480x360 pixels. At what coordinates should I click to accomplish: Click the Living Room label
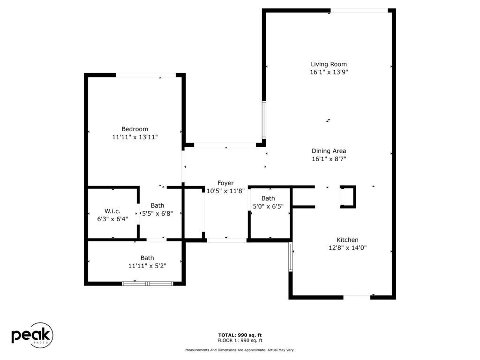[329, 64]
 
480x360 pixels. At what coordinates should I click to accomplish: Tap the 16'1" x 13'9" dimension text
[329, 72]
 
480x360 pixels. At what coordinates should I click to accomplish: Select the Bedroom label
[135, 129]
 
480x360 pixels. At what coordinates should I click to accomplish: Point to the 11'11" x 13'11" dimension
[135, 137]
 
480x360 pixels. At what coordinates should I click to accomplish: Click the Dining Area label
[329, 151]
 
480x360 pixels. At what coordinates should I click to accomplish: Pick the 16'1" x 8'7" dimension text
[329, 159]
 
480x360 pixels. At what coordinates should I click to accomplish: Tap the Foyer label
[225, 183]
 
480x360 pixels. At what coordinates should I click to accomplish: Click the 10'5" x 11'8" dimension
[225, 191]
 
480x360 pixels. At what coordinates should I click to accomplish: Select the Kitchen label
[347, 240]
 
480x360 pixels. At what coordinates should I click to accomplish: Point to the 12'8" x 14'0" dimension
[347, 247]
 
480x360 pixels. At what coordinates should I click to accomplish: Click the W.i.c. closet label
[112, 211]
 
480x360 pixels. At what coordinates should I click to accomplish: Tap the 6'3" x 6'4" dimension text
[112, 219]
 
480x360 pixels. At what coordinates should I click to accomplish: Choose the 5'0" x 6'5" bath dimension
[268, 206]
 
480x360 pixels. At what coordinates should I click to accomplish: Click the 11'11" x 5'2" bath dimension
[147, 266]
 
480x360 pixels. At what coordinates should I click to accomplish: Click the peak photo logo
[32, 335]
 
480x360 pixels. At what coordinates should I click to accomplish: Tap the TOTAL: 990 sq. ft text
[240, 335]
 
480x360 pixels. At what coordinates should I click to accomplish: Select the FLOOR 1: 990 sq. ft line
[240, 341]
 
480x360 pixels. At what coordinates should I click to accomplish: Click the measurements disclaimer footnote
[240, 350]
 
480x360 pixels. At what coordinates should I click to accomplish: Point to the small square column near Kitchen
[348, 197]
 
